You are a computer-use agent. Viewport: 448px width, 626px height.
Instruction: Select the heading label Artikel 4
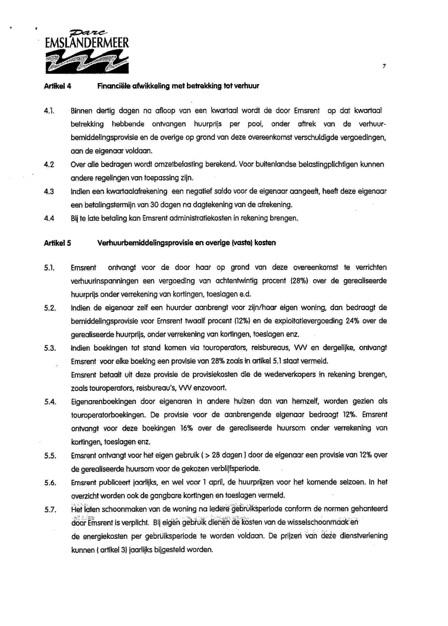pos(58,86)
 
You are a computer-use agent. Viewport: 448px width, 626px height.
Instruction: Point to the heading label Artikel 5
pos(58,243)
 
